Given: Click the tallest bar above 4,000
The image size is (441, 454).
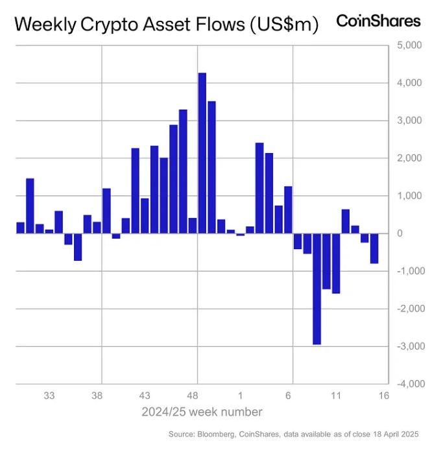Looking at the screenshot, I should point(202,152).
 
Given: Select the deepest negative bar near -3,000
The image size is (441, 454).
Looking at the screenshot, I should point(316,289).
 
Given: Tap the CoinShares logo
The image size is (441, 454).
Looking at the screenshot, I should point(378,21).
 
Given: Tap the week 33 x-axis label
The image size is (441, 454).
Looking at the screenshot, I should point(49,396).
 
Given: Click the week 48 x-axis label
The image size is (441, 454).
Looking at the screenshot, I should point(193,396).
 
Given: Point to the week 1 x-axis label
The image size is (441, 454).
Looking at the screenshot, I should point(241,396).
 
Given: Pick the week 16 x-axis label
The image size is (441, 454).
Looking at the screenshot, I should point(383,396).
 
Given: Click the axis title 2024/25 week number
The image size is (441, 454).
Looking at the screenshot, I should point(202,412).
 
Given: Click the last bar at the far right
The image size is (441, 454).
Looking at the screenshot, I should point(374,248).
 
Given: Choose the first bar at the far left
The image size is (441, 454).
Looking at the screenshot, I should point(20,228).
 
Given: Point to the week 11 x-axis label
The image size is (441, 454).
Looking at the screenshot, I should point(336,396).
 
